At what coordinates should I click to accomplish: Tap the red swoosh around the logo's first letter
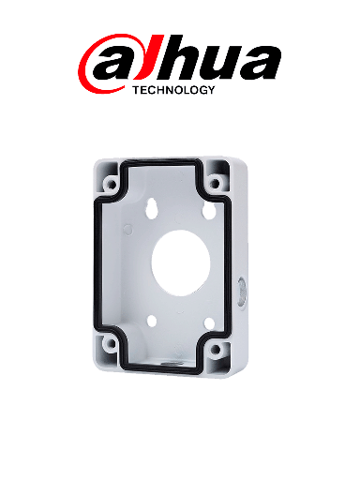[87, 67]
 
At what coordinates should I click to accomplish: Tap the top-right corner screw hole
[218, 173]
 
